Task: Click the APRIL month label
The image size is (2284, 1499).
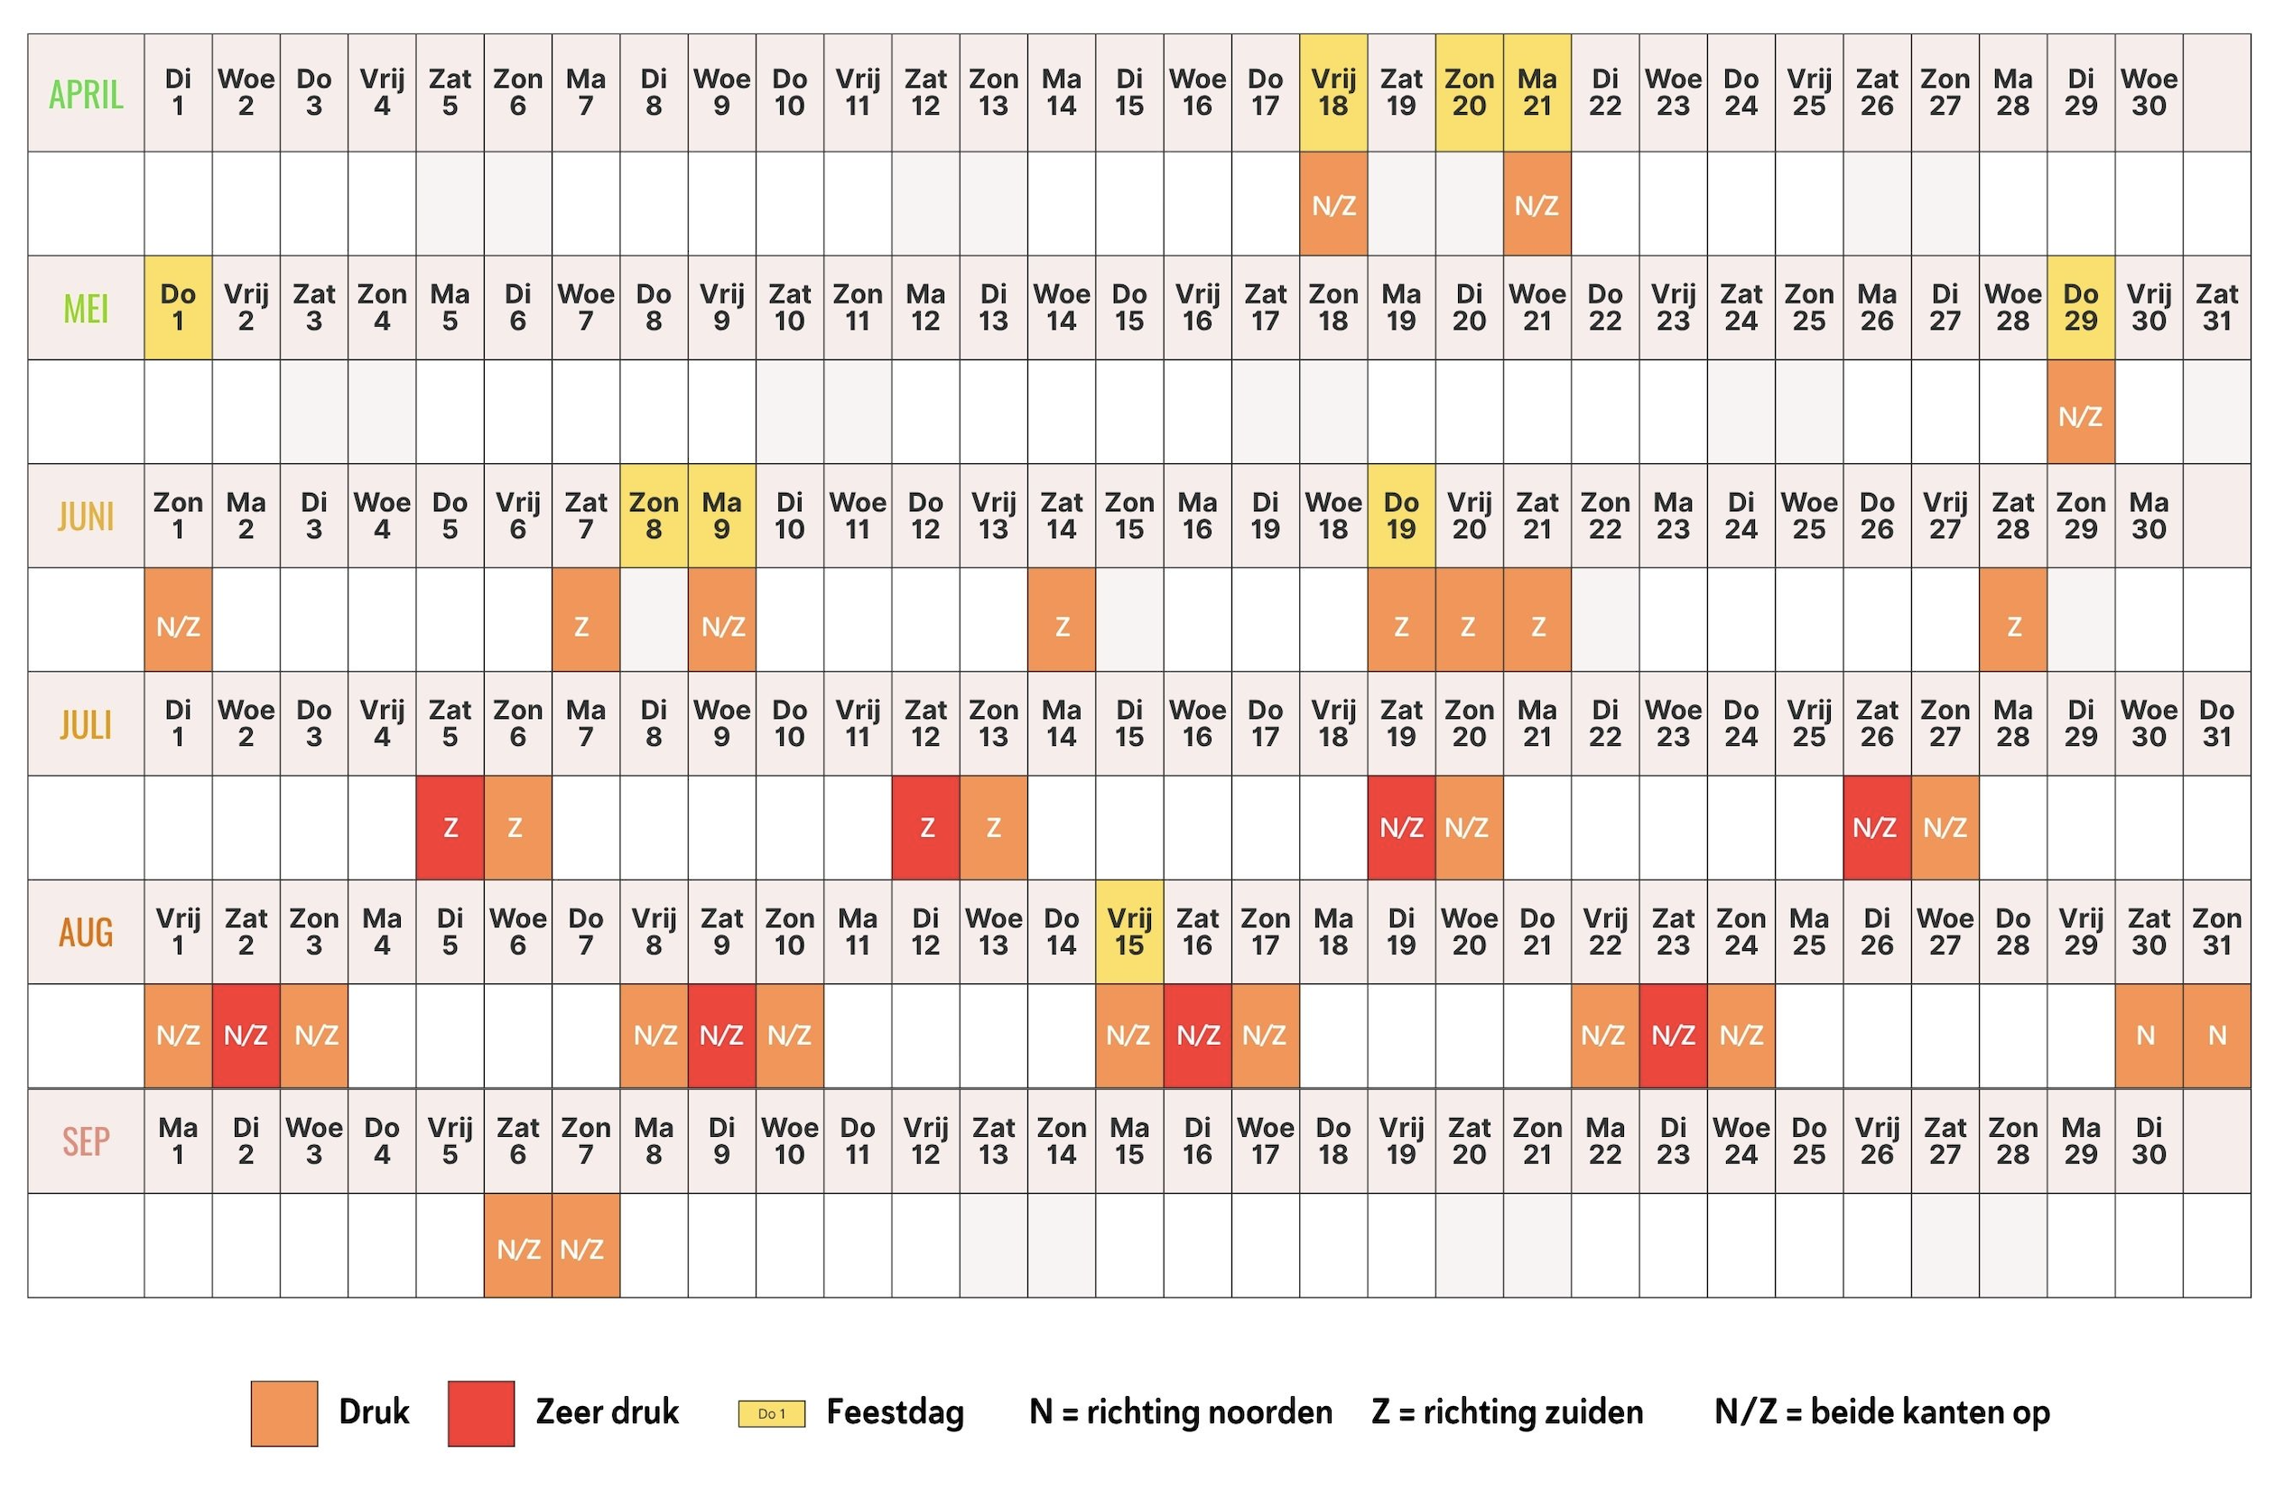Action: click(x=87, y=94)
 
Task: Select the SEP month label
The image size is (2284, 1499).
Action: click(x=87, y=1141)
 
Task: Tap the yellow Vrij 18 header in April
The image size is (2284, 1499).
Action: click(x=1333, y=93)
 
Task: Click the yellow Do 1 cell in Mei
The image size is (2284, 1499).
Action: click(x=178, y=308)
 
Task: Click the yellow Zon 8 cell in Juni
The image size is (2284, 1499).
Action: click(x=654, y=517)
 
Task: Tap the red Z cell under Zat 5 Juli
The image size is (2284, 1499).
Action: click(x=449, y=827)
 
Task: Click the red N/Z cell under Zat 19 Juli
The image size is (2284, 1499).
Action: click(x=1400, y=827)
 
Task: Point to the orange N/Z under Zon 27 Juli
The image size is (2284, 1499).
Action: click(x=1945, y=827)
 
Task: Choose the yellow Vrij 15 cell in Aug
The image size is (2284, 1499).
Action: click(x=1128, y=932)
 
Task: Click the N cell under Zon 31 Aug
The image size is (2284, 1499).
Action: click(x=2216, y=1036)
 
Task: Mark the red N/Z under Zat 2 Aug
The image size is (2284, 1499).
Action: click(x=246, y=1036)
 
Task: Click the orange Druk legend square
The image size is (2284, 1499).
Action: click(x=284, y=1412)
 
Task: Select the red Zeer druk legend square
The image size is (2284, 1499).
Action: click(x=481, y=1412)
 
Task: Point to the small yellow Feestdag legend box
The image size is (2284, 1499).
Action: click(x=771, y=1413)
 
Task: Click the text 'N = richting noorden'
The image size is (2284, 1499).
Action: click(x=1181, y=1411)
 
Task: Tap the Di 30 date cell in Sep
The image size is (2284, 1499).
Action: click(x=2148, y=1141)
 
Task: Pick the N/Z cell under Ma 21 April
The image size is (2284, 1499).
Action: click(x=1537, y=203)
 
